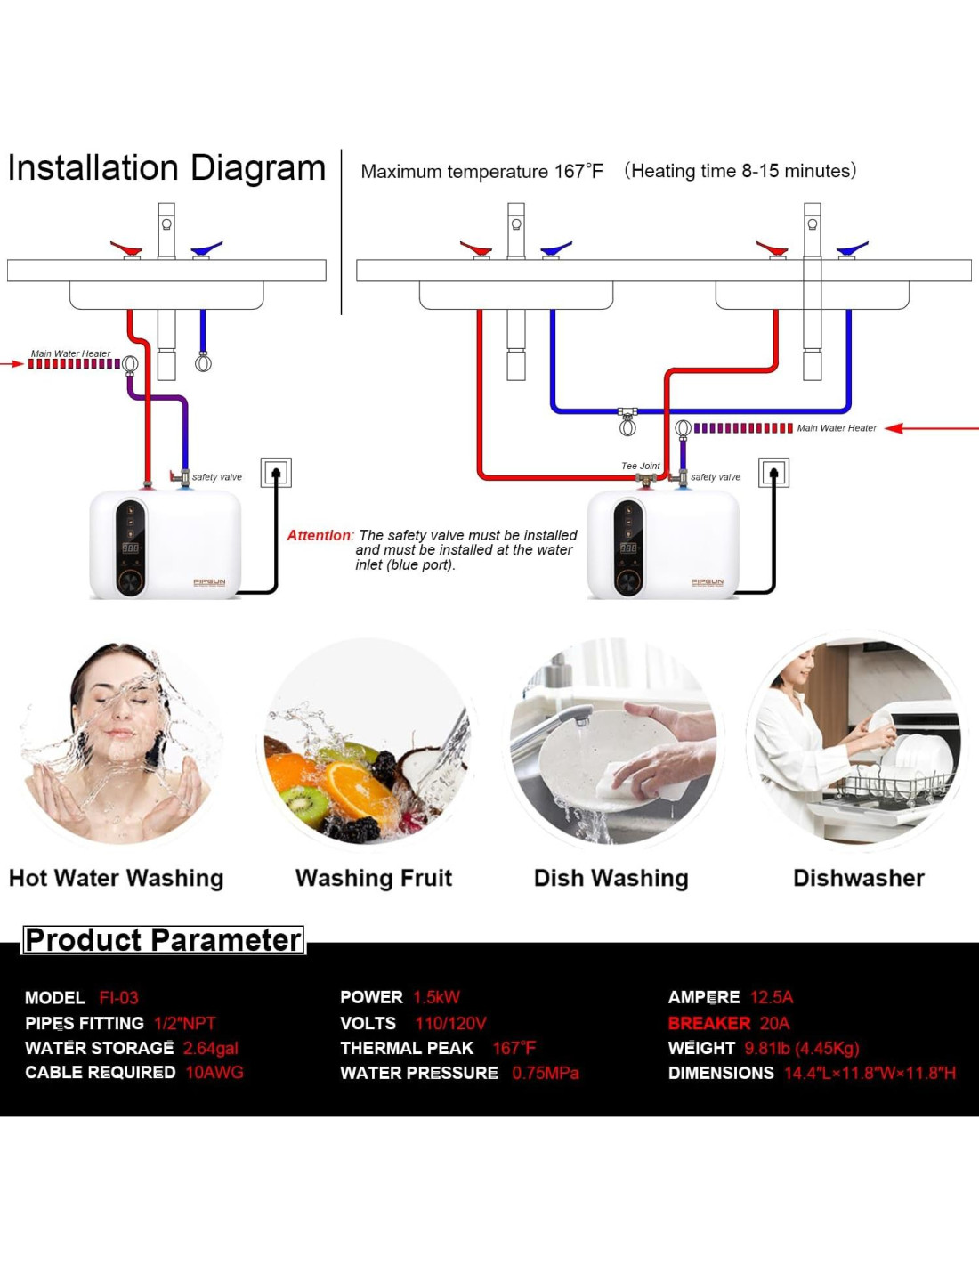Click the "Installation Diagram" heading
[166, 168]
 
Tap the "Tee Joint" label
[640, 466]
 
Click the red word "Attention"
[319, 535]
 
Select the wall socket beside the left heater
[276, 472]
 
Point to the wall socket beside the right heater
[773, 472]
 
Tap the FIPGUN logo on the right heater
[708, 582]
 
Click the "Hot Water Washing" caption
[116, 878]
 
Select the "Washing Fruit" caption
[374, 878]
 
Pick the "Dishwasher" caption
[858, 878]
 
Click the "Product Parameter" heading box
[164, 940]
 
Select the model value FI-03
[118, 998]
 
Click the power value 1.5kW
[436, 997]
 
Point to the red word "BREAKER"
[709, 1023]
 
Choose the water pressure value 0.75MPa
[545, 1073]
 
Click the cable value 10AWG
[214, 1072]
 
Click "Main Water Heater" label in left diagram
[70, 353]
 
